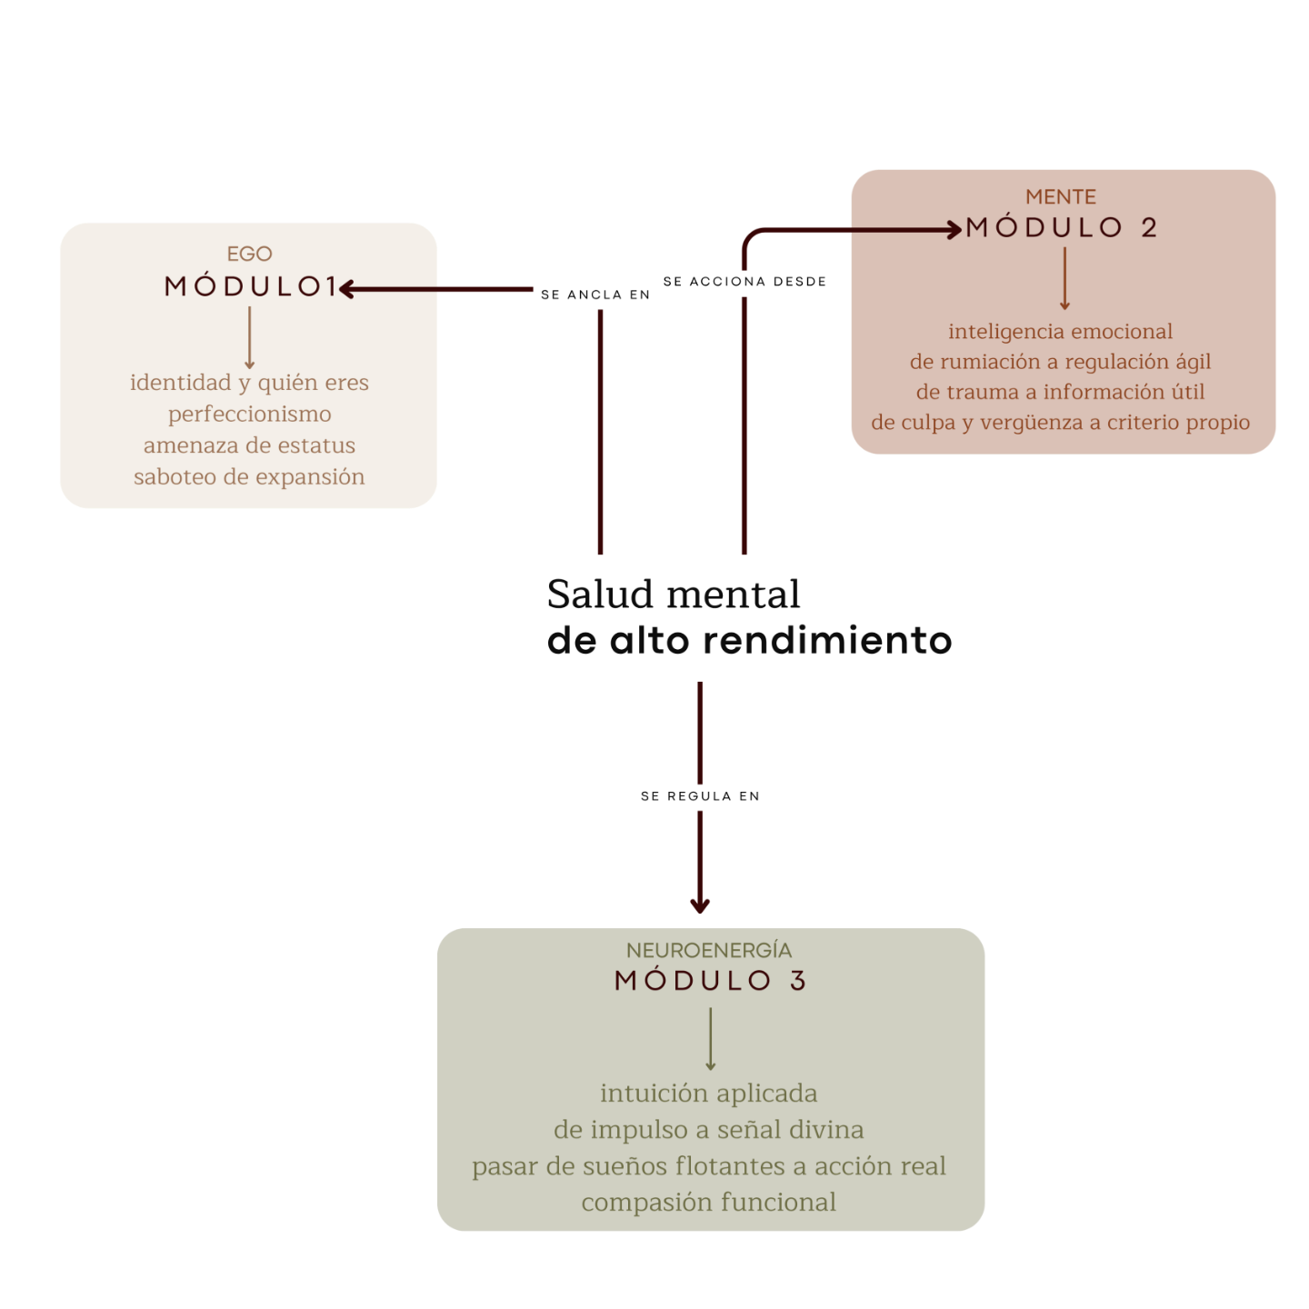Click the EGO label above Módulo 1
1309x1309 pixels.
pos(249,254)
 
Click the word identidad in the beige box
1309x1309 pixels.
pos(180,383)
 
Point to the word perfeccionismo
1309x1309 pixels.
pos(250,415)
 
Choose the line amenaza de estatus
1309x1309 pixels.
pos(249,445)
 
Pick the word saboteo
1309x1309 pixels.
pos(175,477)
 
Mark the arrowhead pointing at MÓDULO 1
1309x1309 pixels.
pos(346,290)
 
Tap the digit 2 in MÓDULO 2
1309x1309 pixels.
pos(1149,227)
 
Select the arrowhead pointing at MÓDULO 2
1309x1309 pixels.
pos(954,230)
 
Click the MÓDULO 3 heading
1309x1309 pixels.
pos(710,980)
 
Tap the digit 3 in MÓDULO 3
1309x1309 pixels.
pos(798,980)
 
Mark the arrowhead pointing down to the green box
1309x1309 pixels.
pos(700,905)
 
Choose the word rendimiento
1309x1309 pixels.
pos(828,641)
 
